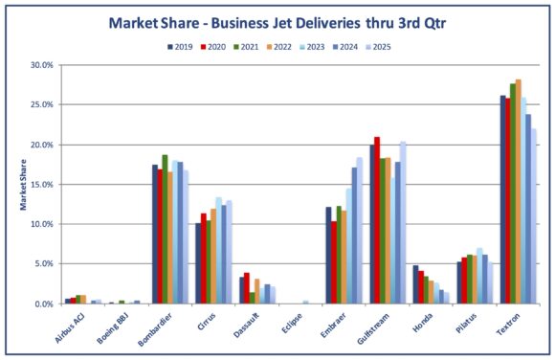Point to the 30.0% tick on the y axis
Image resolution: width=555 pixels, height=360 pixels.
(42, 65)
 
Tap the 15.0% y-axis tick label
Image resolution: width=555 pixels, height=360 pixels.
(42, 184)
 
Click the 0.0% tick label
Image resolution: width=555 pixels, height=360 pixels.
(44, 304)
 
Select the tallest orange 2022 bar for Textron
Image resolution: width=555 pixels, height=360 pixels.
(519, 191)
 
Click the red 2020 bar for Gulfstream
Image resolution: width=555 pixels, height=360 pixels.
(377, 220)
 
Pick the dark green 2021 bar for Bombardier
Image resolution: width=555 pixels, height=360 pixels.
(165, 230)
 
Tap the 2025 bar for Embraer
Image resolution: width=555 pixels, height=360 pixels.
(360, 231)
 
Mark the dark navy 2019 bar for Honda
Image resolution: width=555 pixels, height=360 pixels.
(415, 284)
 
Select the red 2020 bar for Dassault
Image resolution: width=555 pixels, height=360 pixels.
(246, 288)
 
